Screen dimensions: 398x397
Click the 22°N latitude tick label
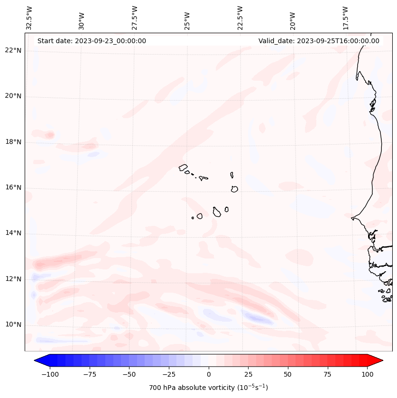[14, 51]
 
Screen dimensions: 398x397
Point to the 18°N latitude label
[14, 142]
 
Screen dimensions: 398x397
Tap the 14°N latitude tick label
[14, 233]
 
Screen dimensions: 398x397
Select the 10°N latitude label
[14, 325]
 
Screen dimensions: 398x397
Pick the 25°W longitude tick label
[187, 19]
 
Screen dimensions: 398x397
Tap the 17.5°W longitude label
[345, 17]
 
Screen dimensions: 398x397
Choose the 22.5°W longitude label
[240, 17]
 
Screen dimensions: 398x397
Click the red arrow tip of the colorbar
[377, 361]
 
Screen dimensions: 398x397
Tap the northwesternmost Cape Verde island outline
[183, 167]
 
